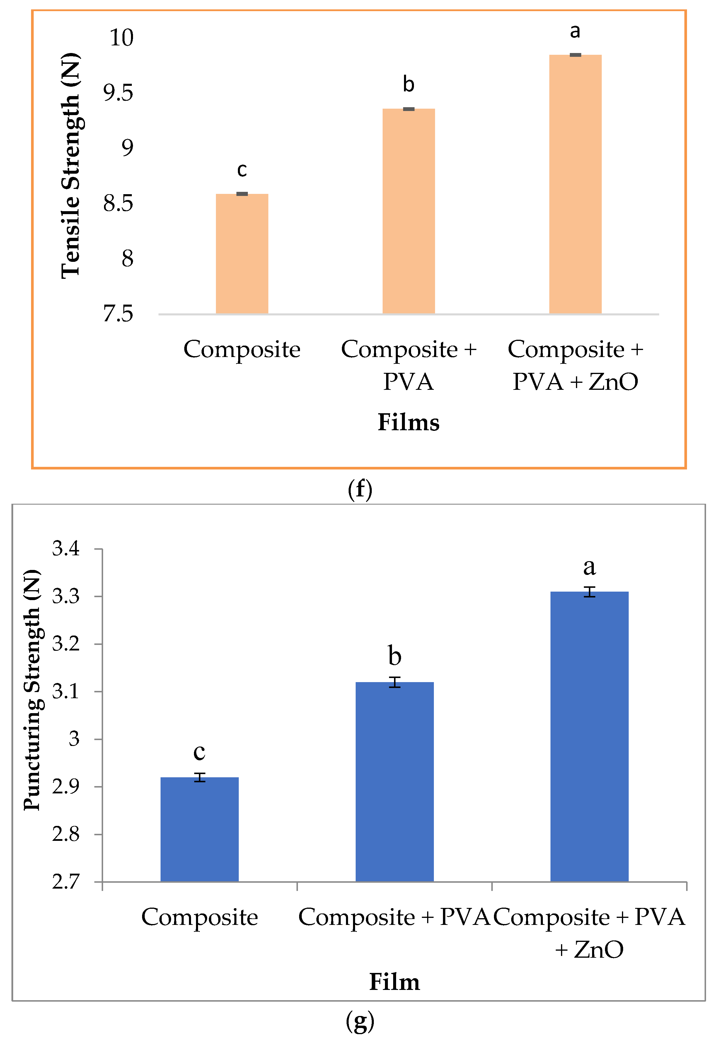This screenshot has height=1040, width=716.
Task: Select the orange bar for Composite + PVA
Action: [408, 211]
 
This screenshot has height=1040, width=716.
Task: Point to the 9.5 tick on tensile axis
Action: [118, 93]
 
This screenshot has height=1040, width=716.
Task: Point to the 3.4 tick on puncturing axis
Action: [66, 548]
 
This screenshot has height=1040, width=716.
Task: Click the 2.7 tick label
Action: [66, 881]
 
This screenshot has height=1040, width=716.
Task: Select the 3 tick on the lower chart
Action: [74, 739]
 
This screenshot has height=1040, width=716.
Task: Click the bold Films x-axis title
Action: [408, 422]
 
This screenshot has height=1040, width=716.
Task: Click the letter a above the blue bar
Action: [589, 567]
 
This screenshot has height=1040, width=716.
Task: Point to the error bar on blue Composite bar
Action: [200, 777]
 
